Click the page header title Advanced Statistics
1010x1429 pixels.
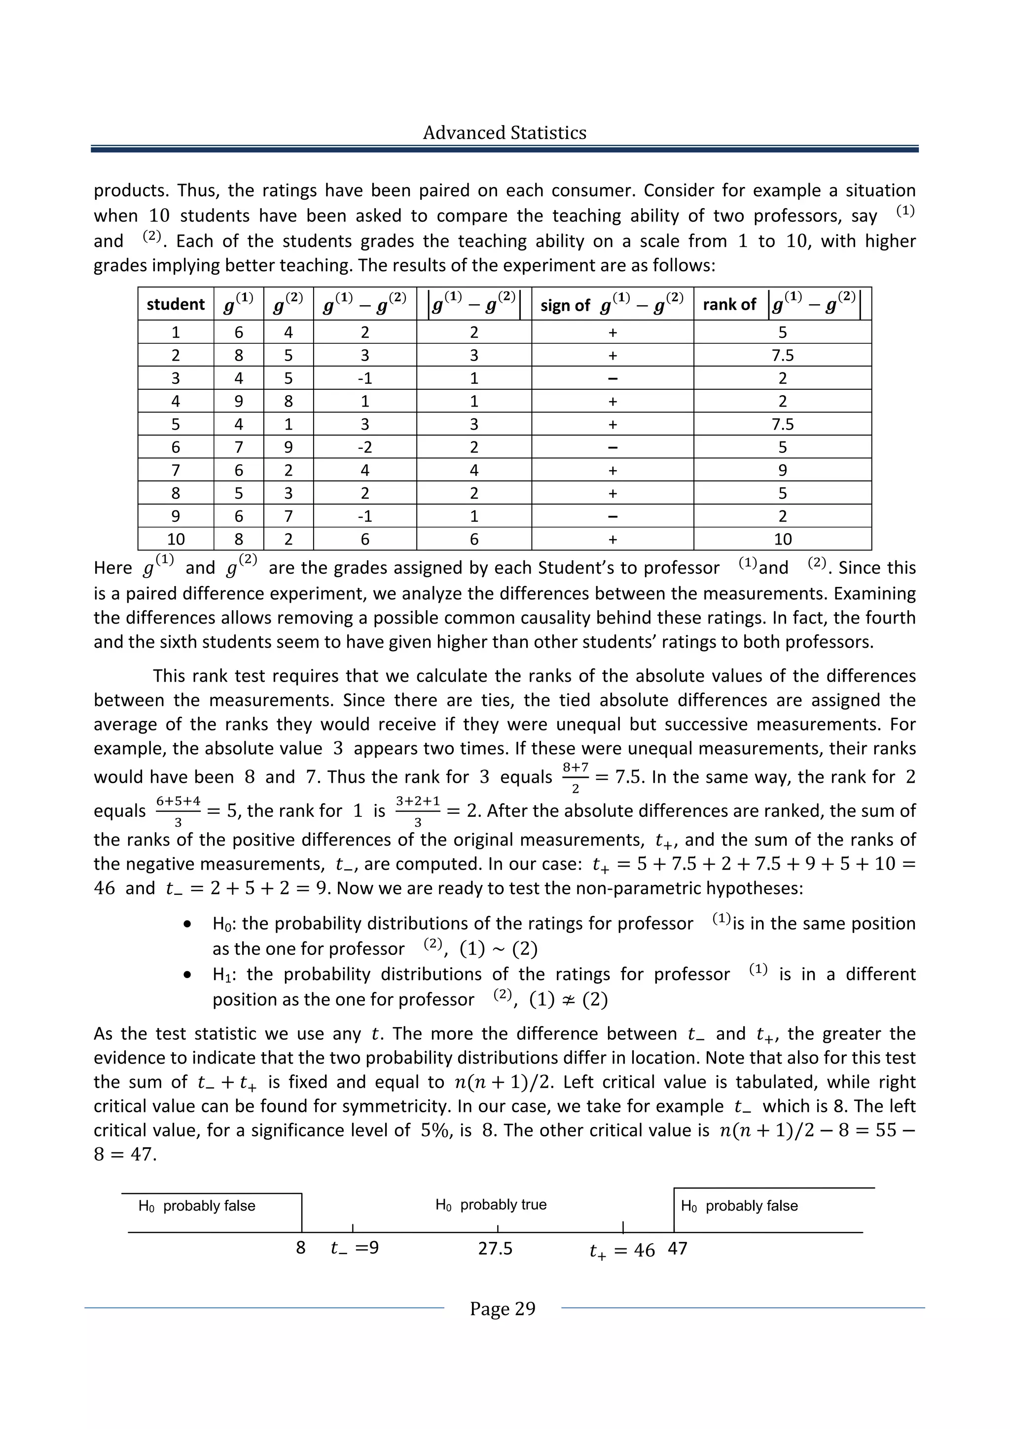tap(504, 133)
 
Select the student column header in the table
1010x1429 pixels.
tap(176, 304)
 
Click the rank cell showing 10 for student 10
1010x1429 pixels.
tap(782, 539)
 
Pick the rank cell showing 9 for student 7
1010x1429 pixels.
tap(782, 470)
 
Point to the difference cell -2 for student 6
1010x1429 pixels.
tap(364, 447)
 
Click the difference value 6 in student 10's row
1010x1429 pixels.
tap(364, 539)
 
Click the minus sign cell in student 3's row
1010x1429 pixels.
tap(613, 378)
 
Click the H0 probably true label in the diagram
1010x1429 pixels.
tap(491, 1205)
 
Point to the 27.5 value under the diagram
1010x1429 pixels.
tap(495, 1248)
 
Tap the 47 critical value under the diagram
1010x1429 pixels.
tap(677, 1248)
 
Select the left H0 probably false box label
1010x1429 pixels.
tap(197, 1206)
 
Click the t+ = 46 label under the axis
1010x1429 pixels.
tap(622, 1250)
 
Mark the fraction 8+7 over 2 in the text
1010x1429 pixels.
tap(576, 777)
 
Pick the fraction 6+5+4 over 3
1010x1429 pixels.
tap(178, 811)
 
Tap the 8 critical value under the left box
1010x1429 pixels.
tap(300, 1248)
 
